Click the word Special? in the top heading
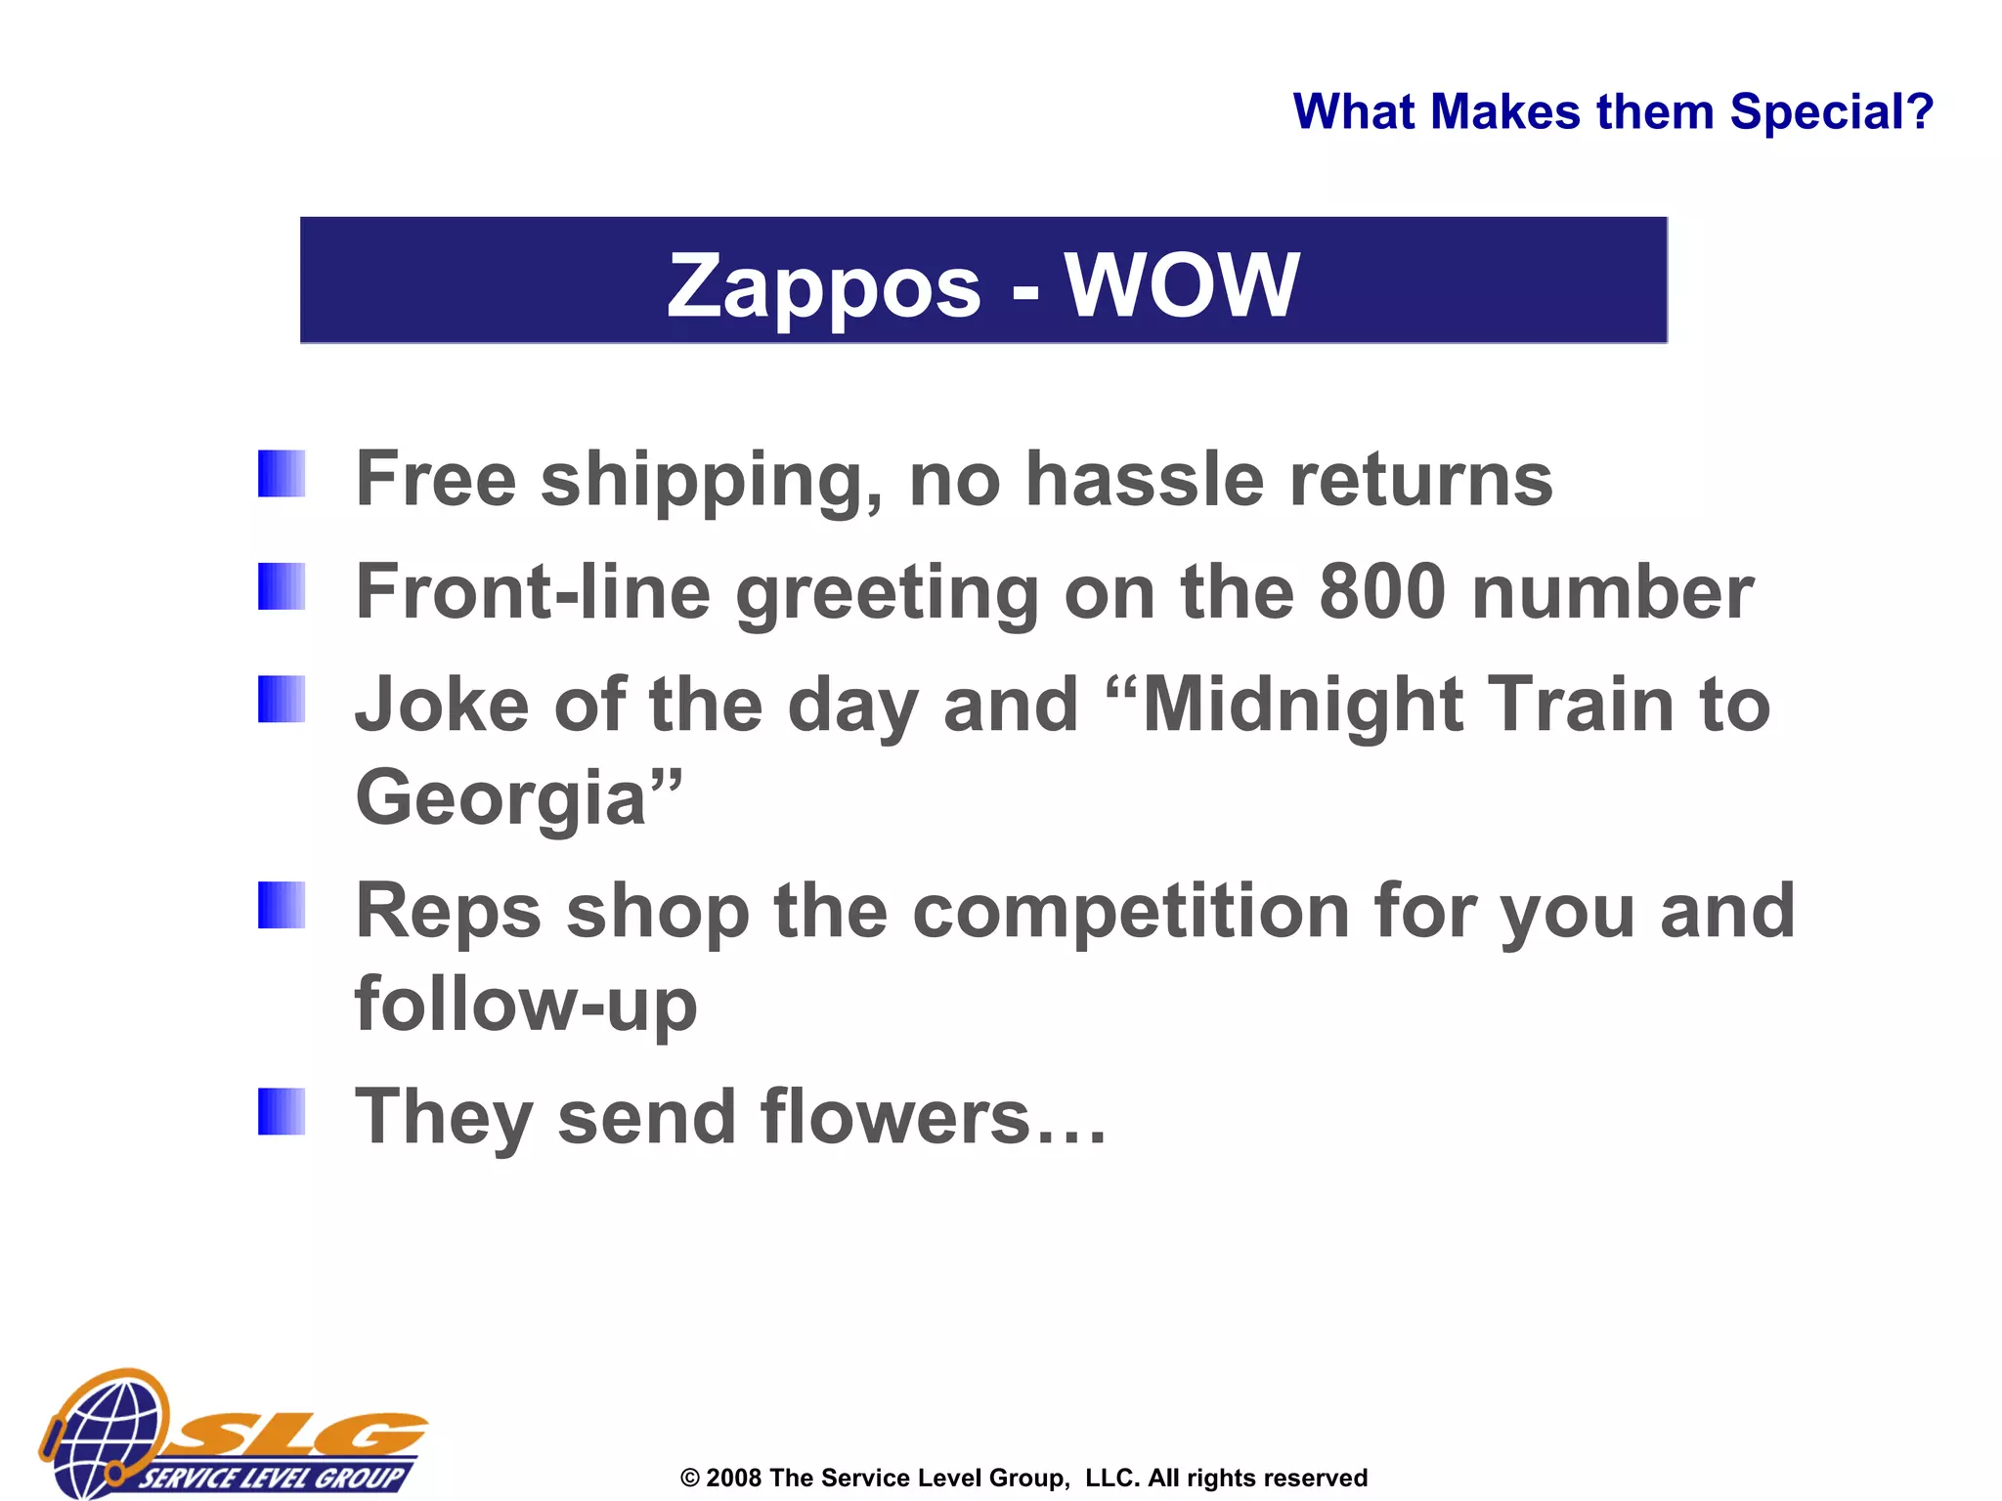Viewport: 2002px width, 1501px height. [x=1831, y=111]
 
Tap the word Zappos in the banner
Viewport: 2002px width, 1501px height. [x=823, y=285]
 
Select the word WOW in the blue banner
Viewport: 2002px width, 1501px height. [x=1182, y=285]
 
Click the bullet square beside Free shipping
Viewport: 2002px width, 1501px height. [x=282, y=474]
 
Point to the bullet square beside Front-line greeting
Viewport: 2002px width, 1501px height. [x=282, y=586]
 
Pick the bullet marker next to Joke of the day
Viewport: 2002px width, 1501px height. [x=282, y=699]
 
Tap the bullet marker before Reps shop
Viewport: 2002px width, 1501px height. [x=282, y=905]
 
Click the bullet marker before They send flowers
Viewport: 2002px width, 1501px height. [x=282, y=1111]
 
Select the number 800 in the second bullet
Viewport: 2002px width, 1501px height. [x=1381, y=592]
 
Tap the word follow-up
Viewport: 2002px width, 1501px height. [x=526, y=1005]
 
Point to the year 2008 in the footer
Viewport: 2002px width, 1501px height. [x=733, y=1478]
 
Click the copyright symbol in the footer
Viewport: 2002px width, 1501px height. [x=690, y=1479]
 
